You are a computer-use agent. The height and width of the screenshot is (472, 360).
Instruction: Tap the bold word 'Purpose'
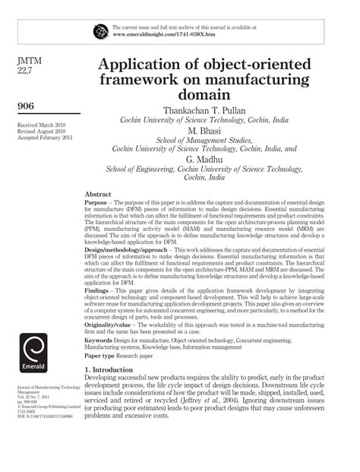pyautogui.click(x=96, y=204)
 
